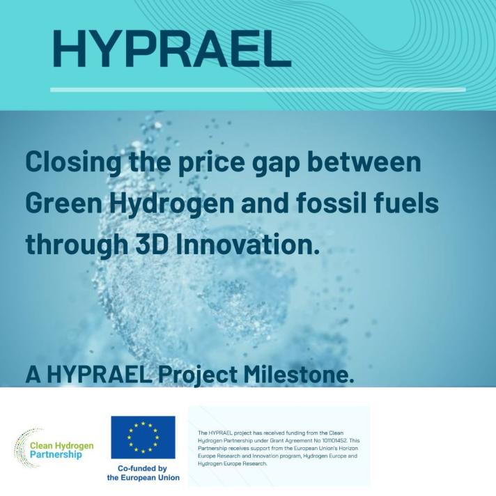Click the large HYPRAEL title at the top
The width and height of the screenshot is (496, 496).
[171, 48]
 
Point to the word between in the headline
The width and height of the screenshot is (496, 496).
[364, 162]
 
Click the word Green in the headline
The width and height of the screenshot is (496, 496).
[64, 203]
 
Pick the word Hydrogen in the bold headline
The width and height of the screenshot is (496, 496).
[172, 204]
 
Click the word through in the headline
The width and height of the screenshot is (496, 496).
[77, 245]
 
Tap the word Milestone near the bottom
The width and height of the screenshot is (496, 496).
[299, 374]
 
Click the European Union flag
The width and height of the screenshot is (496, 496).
[143, 437]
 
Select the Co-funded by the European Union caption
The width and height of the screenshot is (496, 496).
[143, 473]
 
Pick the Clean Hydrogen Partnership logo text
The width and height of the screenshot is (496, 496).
[62, 450]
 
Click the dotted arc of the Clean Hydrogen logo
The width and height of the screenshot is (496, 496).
[22, 447]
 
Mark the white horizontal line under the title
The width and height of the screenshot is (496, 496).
[258, 90]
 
